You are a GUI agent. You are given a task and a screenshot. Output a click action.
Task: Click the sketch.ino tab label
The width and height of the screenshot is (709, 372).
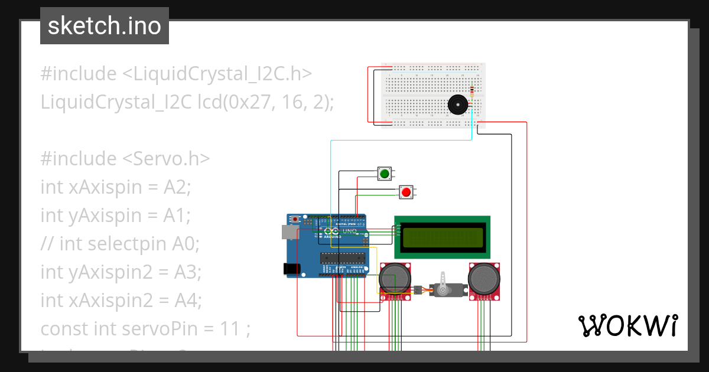click(x=104, y=26)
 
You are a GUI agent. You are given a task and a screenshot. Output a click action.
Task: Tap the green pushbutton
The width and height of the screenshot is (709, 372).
click(x=385, y=174)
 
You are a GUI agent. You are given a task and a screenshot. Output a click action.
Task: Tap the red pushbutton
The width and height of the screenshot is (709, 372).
click(x=405, y=192)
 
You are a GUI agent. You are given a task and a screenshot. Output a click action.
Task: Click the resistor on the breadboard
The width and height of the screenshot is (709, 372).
click(x=471, y=91)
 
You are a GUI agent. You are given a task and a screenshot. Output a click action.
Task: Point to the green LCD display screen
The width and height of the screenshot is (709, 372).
click(x=443, y=237)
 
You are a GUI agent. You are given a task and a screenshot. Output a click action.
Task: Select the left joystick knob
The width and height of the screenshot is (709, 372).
click(x=395, y=278)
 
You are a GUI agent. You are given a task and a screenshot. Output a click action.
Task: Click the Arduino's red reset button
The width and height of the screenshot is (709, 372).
click(x=294, y=220)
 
